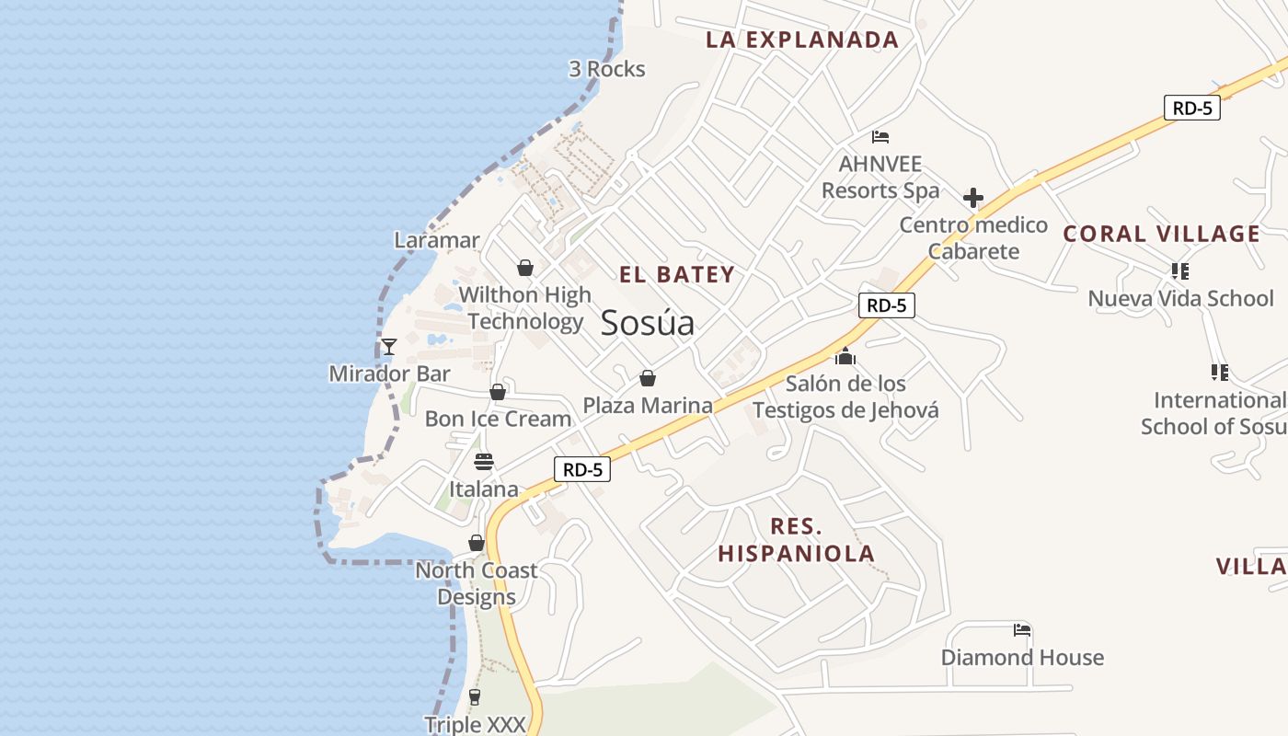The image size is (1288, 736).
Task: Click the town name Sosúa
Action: pyautogui.click(x=647, y=323)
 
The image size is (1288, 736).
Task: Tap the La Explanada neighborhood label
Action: pyautogui.click(x=802, y=40)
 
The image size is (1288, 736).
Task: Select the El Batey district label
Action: pyautogui.click(x=677, y=274)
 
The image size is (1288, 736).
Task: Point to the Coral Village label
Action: pyautogui.click(x=1161, y=234)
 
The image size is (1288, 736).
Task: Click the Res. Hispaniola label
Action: pyautogui.click(x=796, y=540)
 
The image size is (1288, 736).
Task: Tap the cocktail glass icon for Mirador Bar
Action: pyautogui.click(x=389, y=347)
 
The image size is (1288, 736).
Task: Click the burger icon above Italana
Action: pyautogui.click(x=484, y=462)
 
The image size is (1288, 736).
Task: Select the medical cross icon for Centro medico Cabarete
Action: pyautogui.click(x=973, y=198)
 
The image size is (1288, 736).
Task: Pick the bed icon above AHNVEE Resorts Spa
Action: pyautogui.click(x=880, y=138)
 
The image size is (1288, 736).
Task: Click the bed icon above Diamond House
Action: pyautogui.click(x=1022, y=630)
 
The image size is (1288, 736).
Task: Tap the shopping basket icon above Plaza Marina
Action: pyautogui.click(x=648, y=378)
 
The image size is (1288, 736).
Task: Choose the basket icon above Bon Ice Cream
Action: pyautogui.click(x=498, y=392)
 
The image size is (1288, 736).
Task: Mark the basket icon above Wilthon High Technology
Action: pyautogui.click(x=525, y=268)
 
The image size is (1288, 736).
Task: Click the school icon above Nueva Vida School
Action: pyautogui.click(x=1180, y=271)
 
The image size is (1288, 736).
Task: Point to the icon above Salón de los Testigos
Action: pyautogui.click(x=845, y=356)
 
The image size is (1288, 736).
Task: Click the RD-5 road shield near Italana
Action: pyautogui.click(x=583, y=469)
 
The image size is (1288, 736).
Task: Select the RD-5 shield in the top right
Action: pyautogui.click(x=1191, y=108)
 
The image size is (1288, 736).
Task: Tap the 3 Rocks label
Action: pyautogui.click(x=607, y=69)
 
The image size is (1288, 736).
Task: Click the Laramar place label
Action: pyautogui.click(x=437, y=240)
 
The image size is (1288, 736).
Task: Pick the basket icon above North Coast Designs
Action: pyautogui.click(x=477, y=543)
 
